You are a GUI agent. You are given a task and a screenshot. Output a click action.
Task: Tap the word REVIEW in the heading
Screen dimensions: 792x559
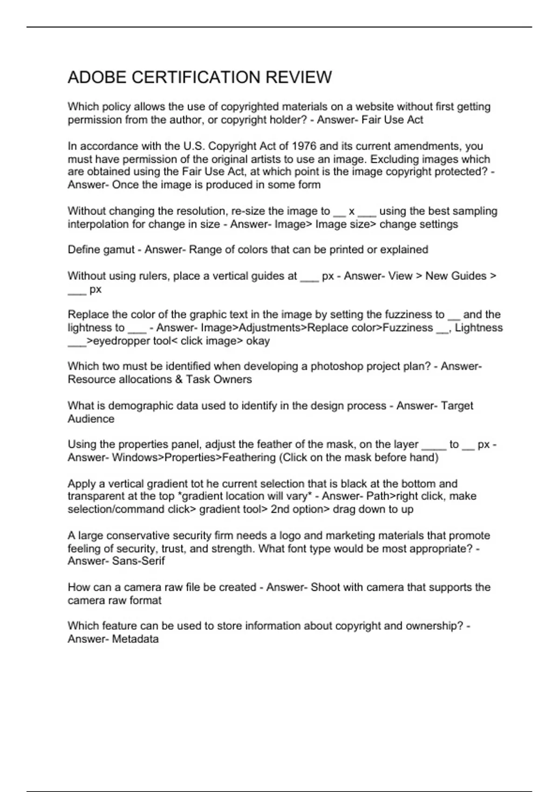pyautogui.click(x=299, y=77)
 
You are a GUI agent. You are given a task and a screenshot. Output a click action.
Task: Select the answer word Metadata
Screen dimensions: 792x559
pyautogui.click(x=135, y=639)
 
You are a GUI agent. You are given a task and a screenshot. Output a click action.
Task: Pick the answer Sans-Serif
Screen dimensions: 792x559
pyautogui.click(x=138, y=561)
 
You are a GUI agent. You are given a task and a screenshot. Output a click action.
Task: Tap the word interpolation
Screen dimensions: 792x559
pyautogui.click(x=98, y=224)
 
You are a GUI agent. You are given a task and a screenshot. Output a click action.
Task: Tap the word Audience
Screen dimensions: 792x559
pyautogui.click(x=91, y=419)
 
